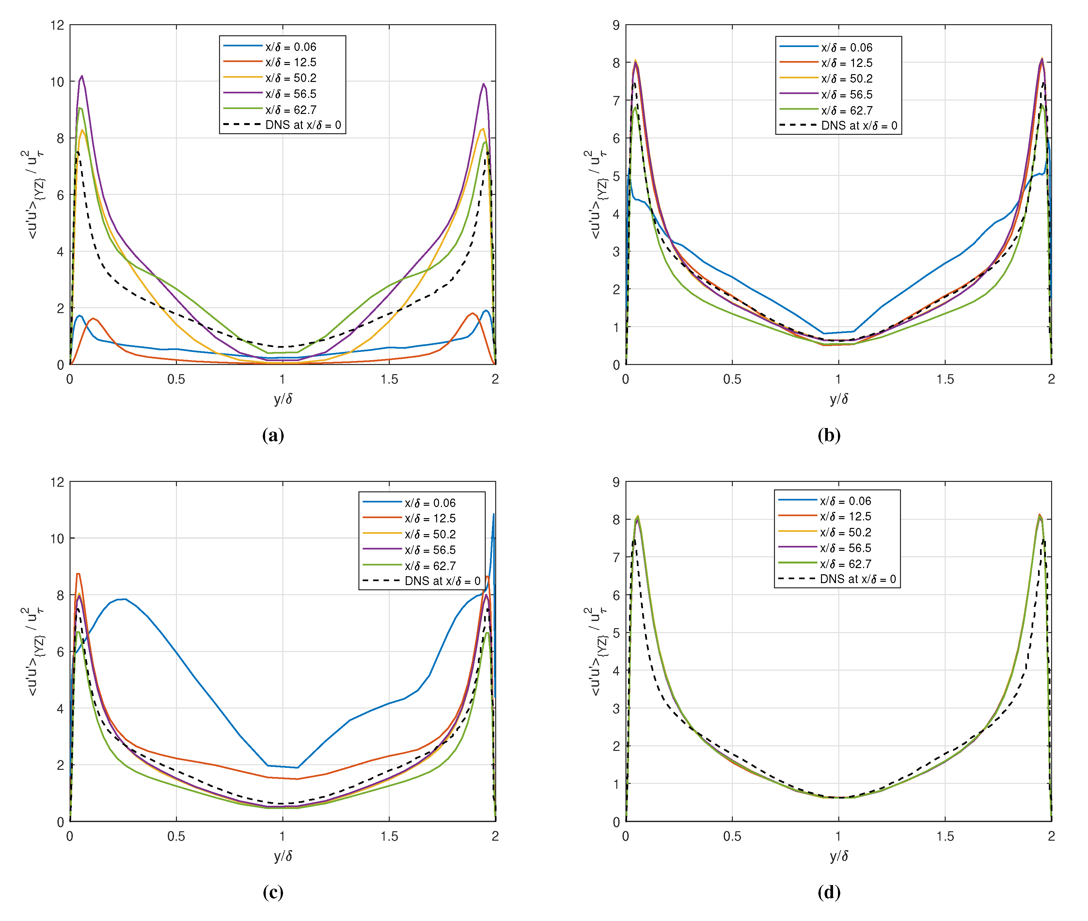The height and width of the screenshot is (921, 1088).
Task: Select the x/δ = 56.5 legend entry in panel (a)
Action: pyautogui.click(x=290, y=94)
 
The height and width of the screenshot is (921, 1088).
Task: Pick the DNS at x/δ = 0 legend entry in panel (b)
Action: pyautogui.click(x=859, y=126)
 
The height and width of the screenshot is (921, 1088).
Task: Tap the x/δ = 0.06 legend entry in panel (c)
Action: pyautogui.click(x=430, y=503)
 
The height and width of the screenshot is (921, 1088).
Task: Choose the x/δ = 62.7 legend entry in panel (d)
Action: pyautogui.click(x=845, y=564)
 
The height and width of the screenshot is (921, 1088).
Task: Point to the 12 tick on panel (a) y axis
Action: pyautogui.click(x=57, y=25)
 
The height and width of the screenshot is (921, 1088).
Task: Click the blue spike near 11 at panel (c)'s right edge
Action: pyautogui.click(x=493, y=514)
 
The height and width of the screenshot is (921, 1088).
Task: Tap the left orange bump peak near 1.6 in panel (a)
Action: pyautogui.click(x=93, y=319)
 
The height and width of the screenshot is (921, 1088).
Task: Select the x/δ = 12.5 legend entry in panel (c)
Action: pyautogui.click(x=430, y=518)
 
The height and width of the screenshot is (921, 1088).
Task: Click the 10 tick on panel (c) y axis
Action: pyautogui.click(x=57, y=538)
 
